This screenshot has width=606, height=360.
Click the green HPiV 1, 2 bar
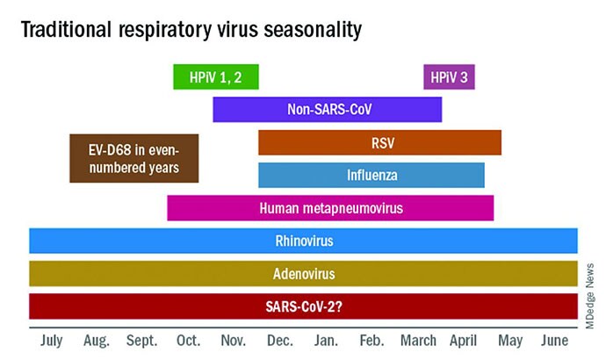(216, 77)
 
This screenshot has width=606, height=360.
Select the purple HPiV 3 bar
(449, 77)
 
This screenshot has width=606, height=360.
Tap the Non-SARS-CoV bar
(328, 109)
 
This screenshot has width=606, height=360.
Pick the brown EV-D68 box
(134, 158)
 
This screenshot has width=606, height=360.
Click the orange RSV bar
(380, 142)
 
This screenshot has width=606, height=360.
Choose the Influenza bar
(372, 175)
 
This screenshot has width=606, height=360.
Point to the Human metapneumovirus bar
(330, 208)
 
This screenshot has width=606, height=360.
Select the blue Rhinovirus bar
(303, 241)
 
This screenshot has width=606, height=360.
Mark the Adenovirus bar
(303, 273)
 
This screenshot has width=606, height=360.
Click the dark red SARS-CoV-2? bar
(303, 306)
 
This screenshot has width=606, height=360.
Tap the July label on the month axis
(52, 341)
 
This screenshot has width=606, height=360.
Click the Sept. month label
(141, 341)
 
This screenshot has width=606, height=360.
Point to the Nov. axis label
(234, 341)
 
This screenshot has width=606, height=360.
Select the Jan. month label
(326, 341)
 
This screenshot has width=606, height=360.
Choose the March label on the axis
(418, 341)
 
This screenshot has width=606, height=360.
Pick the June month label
(554, 341)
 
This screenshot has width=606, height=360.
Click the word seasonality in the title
(313, 30)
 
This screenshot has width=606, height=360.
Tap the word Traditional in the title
(66, 29)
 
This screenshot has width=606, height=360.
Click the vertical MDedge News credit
(590, 296)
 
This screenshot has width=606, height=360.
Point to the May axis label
(510, 342)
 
